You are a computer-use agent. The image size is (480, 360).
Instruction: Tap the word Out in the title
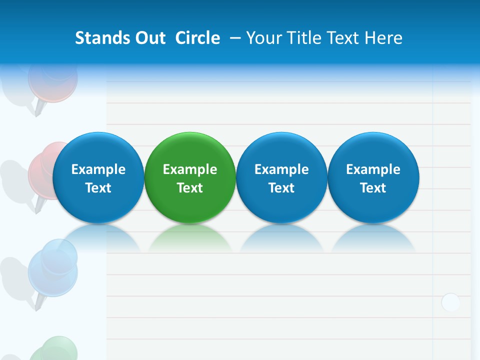[x=149, y=38]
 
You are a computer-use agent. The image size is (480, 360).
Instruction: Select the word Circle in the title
[x=197, y=38]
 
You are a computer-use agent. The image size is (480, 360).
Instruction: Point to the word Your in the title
[x=263, y=38]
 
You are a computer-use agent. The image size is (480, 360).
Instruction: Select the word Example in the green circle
[x=190, y=169]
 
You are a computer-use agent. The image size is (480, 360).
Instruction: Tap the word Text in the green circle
[x=190, y=188]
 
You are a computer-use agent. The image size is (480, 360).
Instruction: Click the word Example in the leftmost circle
[x=98, y=169]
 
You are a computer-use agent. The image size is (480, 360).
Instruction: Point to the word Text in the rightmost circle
[x=373, y=188]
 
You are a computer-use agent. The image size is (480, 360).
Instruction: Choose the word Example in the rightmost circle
[x=373, y=169]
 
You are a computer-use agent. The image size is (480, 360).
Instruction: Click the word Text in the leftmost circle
[x=98, y=188]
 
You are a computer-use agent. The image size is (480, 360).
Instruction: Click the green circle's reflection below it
[x=190, y=238]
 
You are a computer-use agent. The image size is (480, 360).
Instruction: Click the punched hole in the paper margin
[x=450, y=302]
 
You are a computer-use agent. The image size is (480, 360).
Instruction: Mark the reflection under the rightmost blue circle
[x=373, y=238]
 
